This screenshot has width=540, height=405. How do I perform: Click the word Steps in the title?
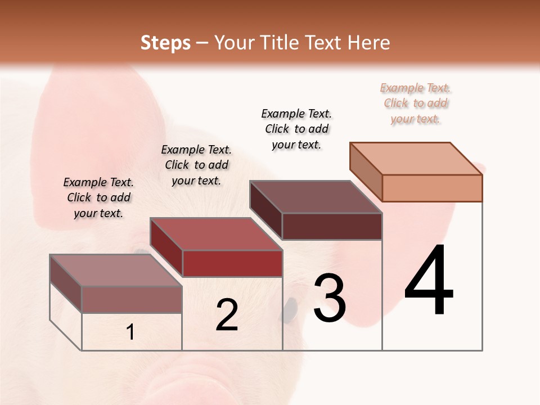[165, 43]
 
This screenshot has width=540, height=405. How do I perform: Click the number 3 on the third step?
[330, 298]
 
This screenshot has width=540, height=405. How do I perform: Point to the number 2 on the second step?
[227, 315]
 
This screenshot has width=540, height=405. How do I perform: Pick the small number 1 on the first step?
[130, 332]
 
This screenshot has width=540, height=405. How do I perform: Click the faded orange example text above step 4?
[416, 103]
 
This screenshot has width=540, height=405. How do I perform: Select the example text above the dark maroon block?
[296, 129]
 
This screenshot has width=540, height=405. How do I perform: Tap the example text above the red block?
[196, 165]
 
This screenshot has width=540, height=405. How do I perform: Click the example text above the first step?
[98, 197]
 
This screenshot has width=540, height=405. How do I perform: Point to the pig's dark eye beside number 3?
[290, 309]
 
